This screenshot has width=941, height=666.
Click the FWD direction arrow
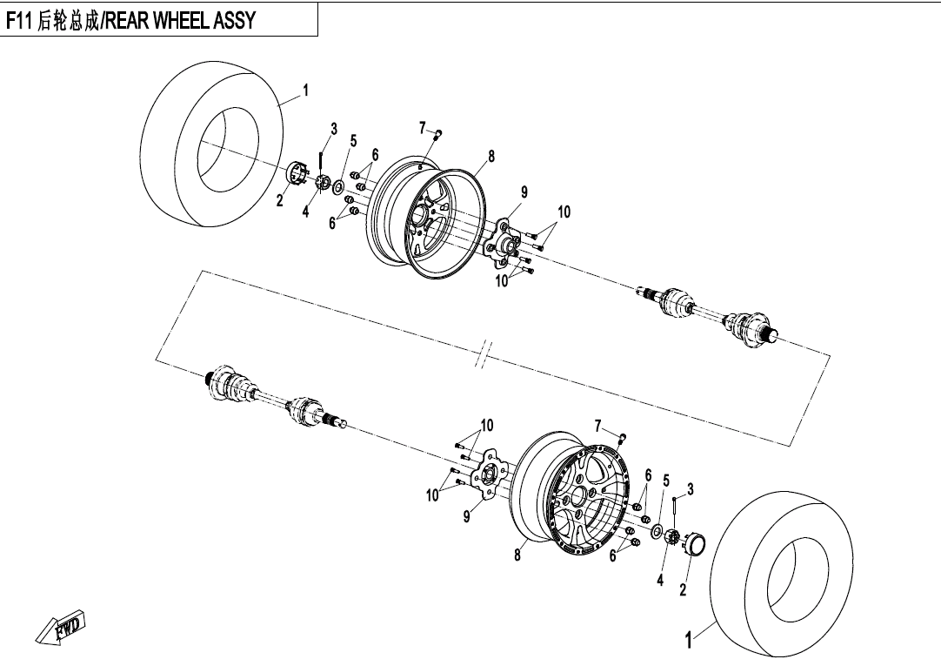pos(61,629)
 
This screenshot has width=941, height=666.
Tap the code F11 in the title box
pos(21,21)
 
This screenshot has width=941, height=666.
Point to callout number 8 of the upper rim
pos(491,157)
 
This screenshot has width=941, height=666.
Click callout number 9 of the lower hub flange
pos(466,516)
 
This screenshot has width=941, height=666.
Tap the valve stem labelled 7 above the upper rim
pos(439,132)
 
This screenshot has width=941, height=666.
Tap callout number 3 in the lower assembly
pos(690,489)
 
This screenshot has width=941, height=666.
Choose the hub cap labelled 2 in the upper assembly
pos(298,173)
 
